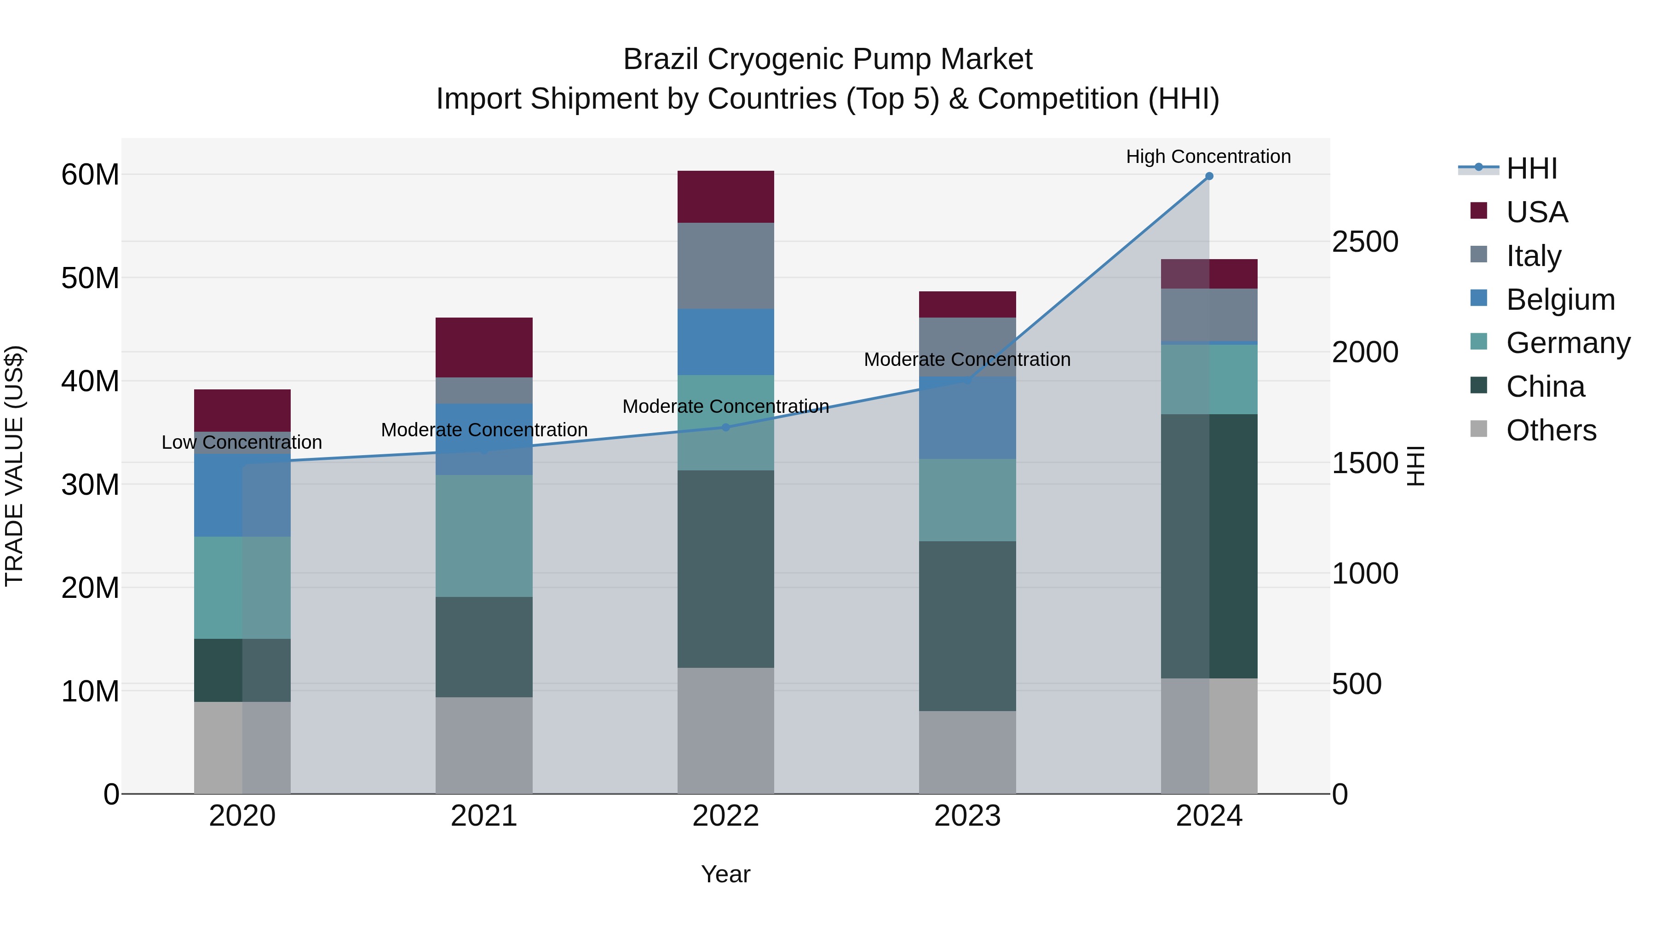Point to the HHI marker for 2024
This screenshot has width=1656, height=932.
(x=1208, y=176)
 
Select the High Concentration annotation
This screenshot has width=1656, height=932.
(x=1208, y=156)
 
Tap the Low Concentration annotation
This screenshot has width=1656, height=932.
(x=241, y=442)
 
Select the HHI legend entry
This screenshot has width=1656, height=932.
(x=1531, y=168)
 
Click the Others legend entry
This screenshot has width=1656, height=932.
(x=1551, y=430)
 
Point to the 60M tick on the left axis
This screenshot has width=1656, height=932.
(x=90, y=174)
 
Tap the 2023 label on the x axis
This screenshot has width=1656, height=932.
(x=967, y=816)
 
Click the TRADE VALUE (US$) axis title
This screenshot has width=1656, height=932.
(x=14, y=466)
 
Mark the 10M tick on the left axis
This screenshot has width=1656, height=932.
(x=90, y=691)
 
